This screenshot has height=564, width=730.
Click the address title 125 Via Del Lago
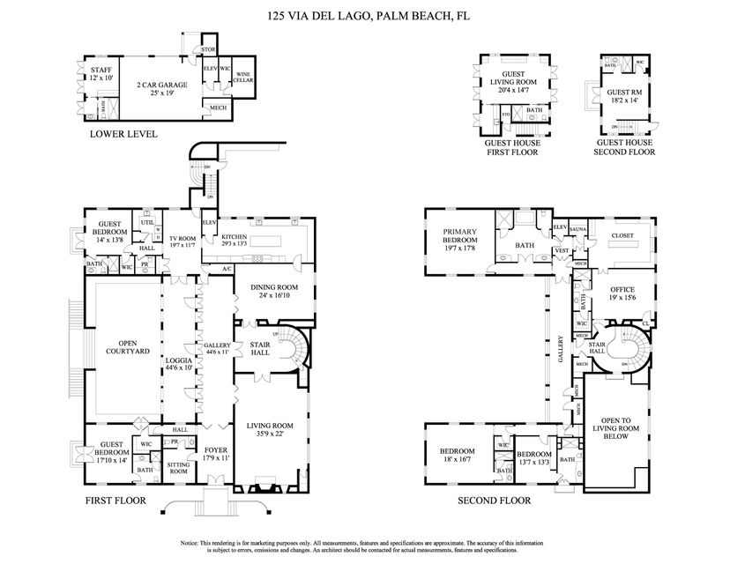coord(364,15)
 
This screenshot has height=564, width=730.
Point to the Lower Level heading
coord(123,135)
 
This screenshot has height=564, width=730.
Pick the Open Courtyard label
coord(123,347)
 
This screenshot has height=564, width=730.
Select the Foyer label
coord(215,452)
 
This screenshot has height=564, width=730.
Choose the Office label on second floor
coord(616,293)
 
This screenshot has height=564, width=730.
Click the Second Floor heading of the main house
coord(494,501)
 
